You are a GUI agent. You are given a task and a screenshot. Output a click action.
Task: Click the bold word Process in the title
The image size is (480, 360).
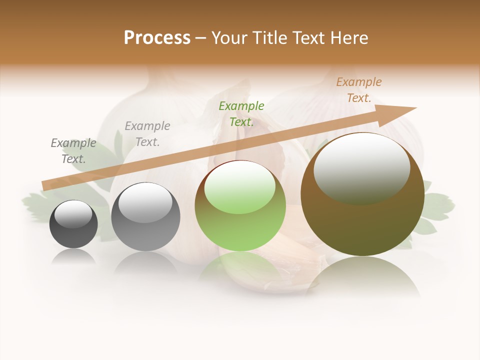[x=157, y=38]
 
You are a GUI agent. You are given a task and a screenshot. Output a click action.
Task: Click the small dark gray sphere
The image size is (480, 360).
[x=73, y=224]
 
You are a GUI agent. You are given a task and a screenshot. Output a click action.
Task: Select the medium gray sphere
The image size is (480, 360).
[x=145, y=217]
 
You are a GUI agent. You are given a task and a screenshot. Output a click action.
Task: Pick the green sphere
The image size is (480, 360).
[x=240, y=206]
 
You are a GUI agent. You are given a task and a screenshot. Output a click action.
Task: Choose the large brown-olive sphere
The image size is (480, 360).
[x=362, y=195]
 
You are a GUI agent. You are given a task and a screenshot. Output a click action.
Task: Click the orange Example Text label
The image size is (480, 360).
[x=359, y=90]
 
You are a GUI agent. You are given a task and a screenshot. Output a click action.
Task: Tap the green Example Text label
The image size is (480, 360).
[x=241, y=114]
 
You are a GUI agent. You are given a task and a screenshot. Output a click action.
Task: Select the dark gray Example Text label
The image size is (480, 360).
[x=73, y=151]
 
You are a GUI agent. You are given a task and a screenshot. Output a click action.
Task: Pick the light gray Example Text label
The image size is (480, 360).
[x=147, y=134]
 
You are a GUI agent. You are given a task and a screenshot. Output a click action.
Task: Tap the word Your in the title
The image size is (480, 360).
[x=228, y=38]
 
